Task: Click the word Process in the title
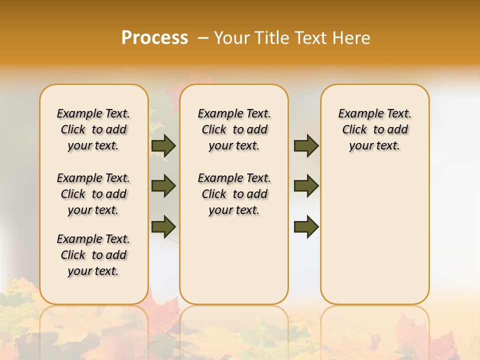coord(154,37)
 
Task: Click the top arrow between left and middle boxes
coord(163,145)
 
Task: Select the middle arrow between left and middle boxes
coord(163,186)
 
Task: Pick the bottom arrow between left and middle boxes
coord(163,226)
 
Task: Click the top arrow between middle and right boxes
coord(306,145)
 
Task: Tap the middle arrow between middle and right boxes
coord(306,186)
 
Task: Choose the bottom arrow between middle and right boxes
coord(306,226)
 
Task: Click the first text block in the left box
coord(93,129)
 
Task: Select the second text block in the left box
coord(93,194)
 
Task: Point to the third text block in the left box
coord(93,255)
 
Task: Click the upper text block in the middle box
coord(234,129)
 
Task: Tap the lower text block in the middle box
coord(234,194)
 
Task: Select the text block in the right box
coord(375,129)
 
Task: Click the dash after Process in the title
coord(203,37)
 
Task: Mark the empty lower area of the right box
coord(375,235)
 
